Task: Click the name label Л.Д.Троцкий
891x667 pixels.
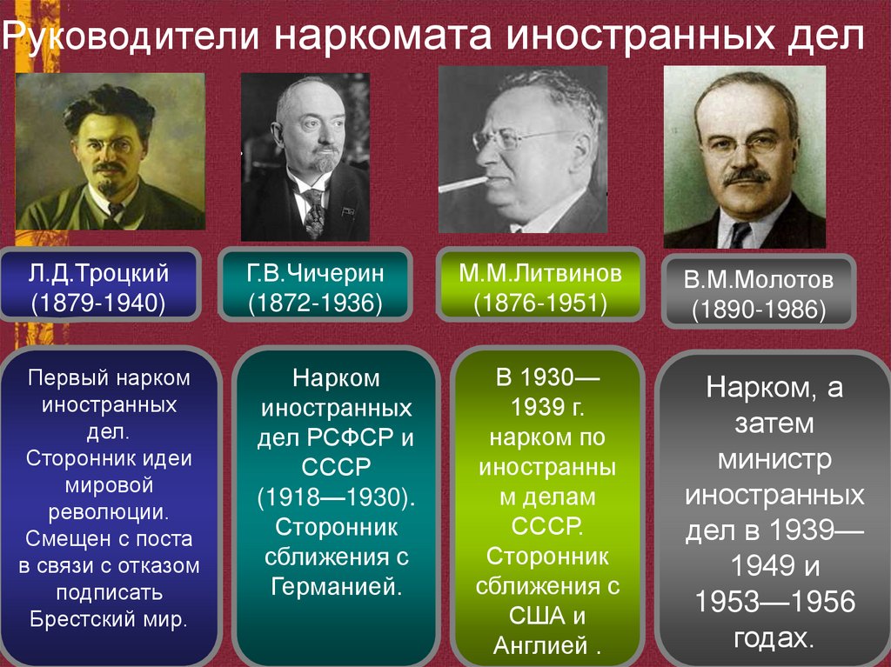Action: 98,275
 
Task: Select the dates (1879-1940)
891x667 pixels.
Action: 98,303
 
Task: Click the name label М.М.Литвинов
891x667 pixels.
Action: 540,275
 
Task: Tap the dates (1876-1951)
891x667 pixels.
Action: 540,303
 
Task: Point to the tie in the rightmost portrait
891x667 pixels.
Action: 740,233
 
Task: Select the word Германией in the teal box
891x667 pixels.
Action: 335,585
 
